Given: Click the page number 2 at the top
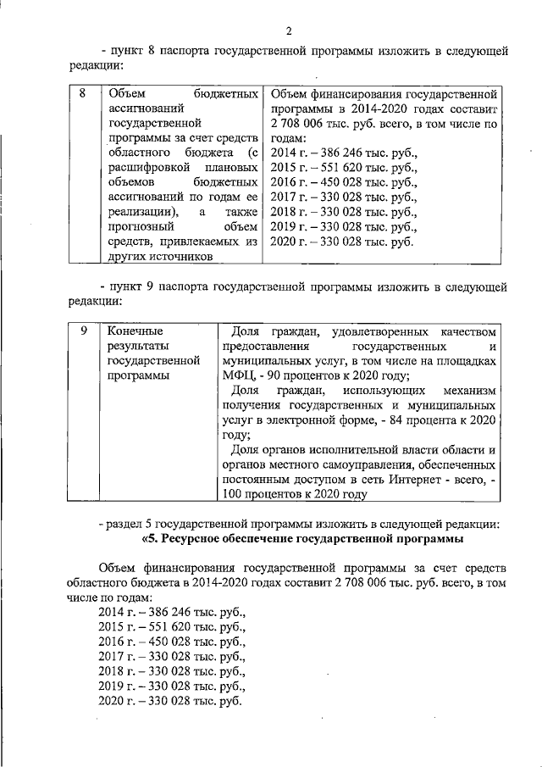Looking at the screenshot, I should pos(289,32).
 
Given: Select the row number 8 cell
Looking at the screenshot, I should pos(81,93).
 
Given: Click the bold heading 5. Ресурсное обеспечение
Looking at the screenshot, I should pos(305,539).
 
